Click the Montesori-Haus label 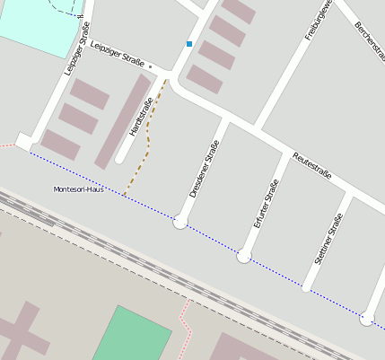(80, 189)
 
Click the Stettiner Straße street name (329, 239)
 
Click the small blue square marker (189, 43)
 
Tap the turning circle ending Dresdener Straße (180, 221)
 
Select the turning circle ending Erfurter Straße (243, 257)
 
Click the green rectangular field (131, 334)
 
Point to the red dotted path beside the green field (186, 328)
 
